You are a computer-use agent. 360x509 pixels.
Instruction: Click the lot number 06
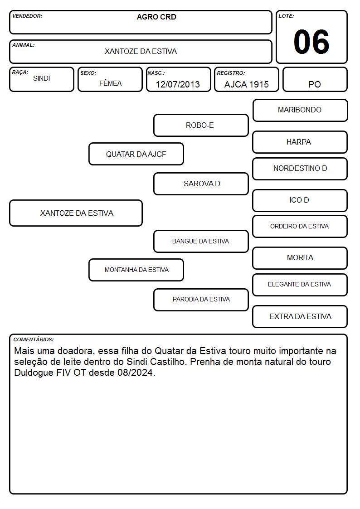tap(311, 42)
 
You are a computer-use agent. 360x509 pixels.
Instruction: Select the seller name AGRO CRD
tap(156, 17)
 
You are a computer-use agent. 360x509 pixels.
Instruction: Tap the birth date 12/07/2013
tap(178, 84)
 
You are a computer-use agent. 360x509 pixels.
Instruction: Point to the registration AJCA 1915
tap(246, 84)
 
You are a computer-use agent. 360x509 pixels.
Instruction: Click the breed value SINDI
tap(42, 78)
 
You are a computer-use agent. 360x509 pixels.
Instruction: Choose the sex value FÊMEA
tap(110, 83)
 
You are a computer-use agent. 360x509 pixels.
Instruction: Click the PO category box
tap(315, 79)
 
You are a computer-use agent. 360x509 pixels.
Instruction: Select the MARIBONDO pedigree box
tap(300, 111)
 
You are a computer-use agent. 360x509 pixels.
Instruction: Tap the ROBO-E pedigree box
tap(201, 125)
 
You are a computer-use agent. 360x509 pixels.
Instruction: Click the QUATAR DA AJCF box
tap(136, 154)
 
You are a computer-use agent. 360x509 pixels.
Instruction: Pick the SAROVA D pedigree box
tap(201, 184)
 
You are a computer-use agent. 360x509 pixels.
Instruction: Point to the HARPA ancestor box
tap(300, 142)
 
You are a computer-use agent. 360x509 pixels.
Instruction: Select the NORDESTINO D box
tap(300, 169)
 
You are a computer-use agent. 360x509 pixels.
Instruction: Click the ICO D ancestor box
tap(300, 201)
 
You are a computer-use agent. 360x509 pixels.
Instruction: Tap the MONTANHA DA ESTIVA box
tap(136, 270)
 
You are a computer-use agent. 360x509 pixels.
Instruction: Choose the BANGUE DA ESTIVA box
tap(201, 241)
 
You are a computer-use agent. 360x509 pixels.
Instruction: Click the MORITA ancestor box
tap(300, 258)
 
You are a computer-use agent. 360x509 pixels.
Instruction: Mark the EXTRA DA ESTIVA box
tap(300, 316)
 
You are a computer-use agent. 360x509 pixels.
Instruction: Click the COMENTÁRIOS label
tap(34, 339)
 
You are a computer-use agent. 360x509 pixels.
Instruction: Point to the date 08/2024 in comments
tap(136, 373)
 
